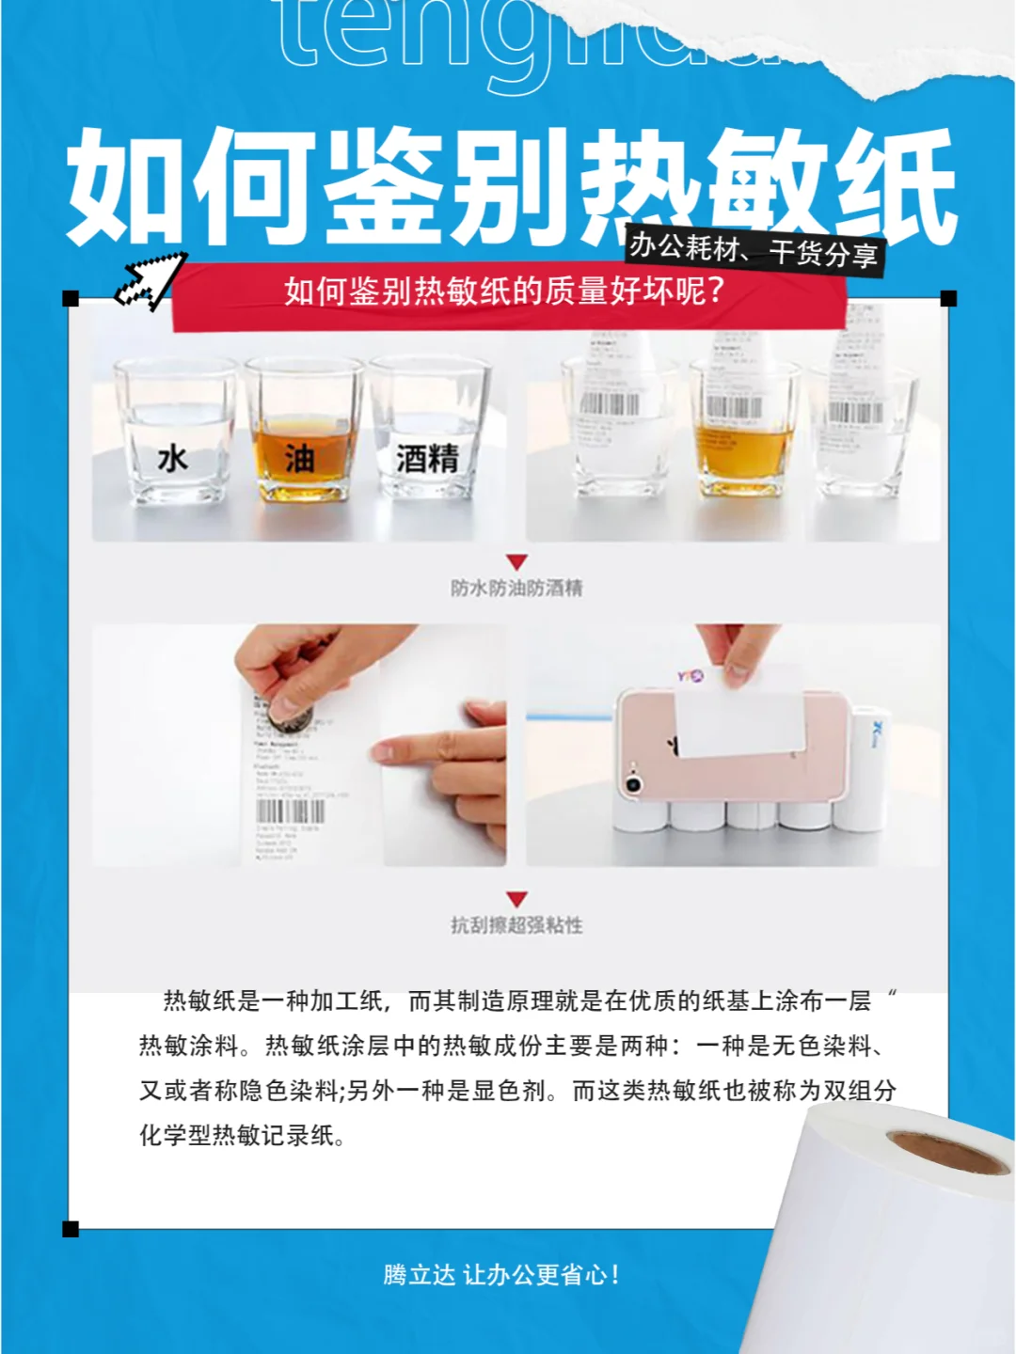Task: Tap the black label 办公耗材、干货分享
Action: (x=754, y=250)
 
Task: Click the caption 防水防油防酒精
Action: (x=516, y=589)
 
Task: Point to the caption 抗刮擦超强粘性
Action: (x=516, y=925)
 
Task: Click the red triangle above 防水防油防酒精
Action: (x=516, y=562)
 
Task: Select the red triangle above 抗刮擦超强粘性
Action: (x=516, y=899)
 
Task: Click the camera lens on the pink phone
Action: (x=633, y=784)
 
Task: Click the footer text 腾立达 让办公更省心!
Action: (x=501, y=1275)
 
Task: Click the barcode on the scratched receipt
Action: (x=291, y=811)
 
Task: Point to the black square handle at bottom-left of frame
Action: (x=71, y=1229)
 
